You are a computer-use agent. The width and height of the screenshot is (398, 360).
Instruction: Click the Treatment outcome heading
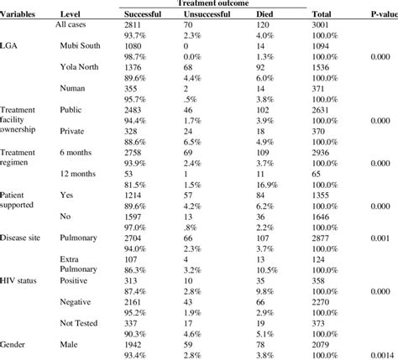point(214,4)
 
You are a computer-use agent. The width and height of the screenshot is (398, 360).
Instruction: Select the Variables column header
point(20,15)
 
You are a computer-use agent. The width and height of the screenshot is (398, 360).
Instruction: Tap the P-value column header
point(378,15)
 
